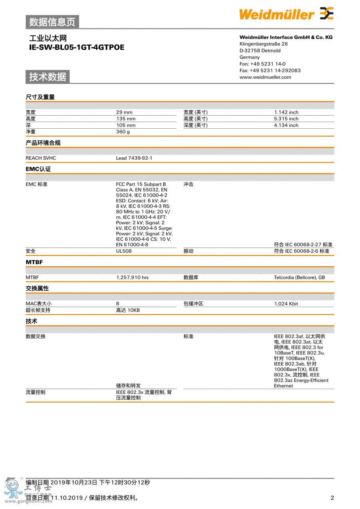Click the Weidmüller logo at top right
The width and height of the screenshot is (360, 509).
pos(286,14)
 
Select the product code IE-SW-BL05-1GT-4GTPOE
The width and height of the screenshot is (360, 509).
pos(77,47)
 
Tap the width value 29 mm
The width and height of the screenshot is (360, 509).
pos(124,112)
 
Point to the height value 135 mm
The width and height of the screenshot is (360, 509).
pos(126,119)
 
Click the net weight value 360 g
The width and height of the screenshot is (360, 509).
pos(123,132)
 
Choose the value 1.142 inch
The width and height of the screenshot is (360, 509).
pos(286,112)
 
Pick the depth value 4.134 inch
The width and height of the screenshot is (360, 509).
pos(286,125)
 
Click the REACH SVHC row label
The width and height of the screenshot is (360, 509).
pos(41,158)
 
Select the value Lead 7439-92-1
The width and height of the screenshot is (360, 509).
pos(134,158)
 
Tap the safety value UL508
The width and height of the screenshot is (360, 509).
pos(124,251)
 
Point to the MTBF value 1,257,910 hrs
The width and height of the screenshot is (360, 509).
pos(132,277)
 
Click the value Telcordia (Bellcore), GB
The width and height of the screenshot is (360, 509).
pos(299,277)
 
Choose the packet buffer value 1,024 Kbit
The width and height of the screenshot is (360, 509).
pos(286,304)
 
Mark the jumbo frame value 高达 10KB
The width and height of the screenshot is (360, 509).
pos(128,310)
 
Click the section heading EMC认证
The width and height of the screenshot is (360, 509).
pos(38,169)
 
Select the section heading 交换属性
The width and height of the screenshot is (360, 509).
pos(37,288)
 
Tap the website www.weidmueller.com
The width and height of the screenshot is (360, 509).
pos(265,77)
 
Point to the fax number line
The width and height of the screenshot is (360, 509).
pos(270,70)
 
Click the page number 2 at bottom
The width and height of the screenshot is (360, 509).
pos(332,498)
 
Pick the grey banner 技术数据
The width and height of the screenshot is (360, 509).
pos(48,77)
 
